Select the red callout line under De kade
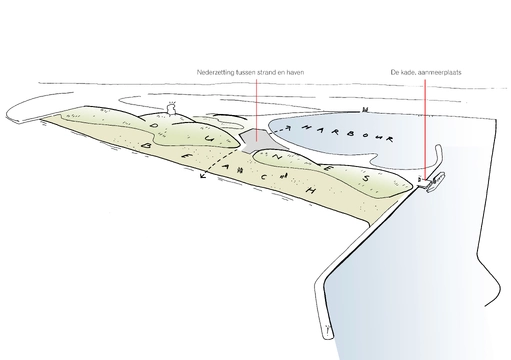click(427, 120)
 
